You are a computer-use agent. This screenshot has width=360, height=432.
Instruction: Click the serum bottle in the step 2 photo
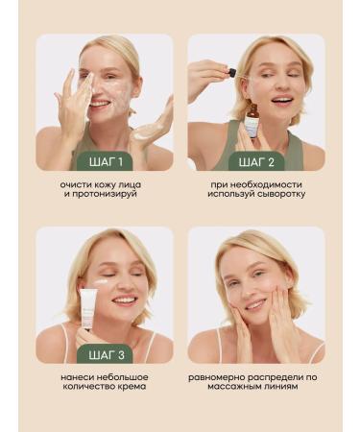[x=252, y=121]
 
